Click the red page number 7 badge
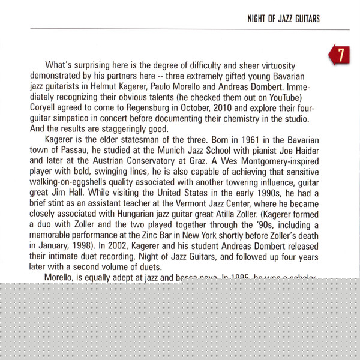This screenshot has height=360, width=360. (340, 55)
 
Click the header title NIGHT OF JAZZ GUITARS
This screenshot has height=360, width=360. (283, 19)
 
